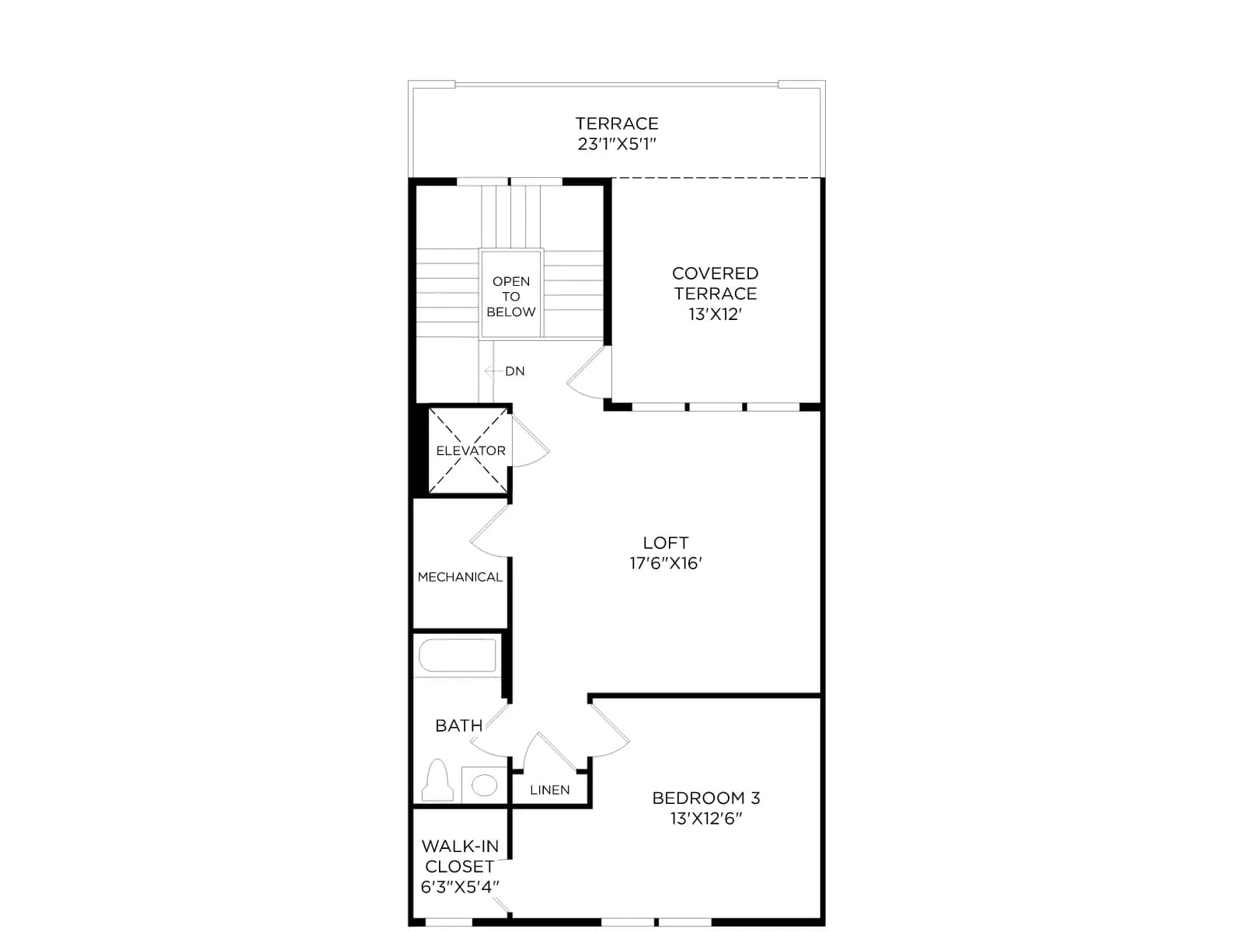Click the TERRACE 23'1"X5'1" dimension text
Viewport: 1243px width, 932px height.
(617, 144)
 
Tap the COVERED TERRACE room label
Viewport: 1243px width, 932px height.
(716, 283)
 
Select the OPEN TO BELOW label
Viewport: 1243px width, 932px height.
(510, 297)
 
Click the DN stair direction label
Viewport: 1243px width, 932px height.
(515, 371)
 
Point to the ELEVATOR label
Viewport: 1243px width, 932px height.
(471, 450)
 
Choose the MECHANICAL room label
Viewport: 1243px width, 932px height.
(460, 576)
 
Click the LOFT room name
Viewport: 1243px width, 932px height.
(666, 543)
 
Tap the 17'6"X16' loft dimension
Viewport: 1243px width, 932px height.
(666, 563)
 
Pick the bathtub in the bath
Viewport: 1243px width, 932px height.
(458, 656)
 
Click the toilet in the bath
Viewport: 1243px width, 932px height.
(437, 781)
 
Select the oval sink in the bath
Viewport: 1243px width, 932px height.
(484, 785)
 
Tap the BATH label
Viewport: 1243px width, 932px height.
(458, 725)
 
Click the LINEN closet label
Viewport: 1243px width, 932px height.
(550, 790)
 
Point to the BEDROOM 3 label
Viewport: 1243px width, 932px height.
(706, 798)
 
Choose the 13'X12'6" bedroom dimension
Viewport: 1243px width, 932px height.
(706, 819)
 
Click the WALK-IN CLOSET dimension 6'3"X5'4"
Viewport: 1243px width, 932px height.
(460, 887)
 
